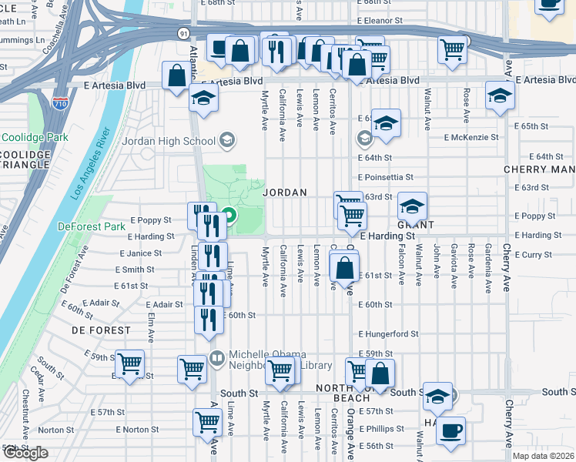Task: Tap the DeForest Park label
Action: (x=91, y=226)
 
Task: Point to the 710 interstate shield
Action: (x=60, y=102)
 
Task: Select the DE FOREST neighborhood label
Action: (x=101, y=330)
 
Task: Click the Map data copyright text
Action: (x=544, y=456)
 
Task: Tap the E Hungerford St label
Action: (x=388, y=334)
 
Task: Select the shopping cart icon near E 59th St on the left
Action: (x=129, y=363)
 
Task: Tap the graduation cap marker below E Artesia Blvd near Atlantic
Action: (x=203, y=98)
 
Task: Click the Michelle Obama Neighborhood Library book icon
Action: (x=216, y=358)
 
